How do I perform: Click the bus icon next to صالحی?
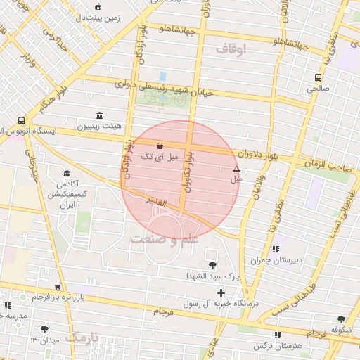tap(319, 78)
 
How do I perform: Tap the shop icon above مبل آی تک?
tap(161, 146)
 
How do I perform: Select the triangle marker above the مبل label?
tap(236, 169)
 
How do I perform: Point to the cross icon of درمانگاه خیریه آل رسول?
tap(221, 292)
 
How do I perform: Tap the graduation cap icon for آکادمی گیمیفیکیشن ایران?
tap(67, 173)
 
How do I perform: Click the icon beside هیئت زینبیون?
tap(99, 115)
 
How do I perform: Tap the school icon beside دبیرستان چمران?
tap(275, 249)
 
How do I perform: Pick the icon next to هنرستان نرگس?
tap(277, 335)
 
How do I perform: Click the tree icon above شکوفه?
tap(341, 319)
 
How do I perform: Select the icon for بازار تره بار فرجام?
tap(58, 287)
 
